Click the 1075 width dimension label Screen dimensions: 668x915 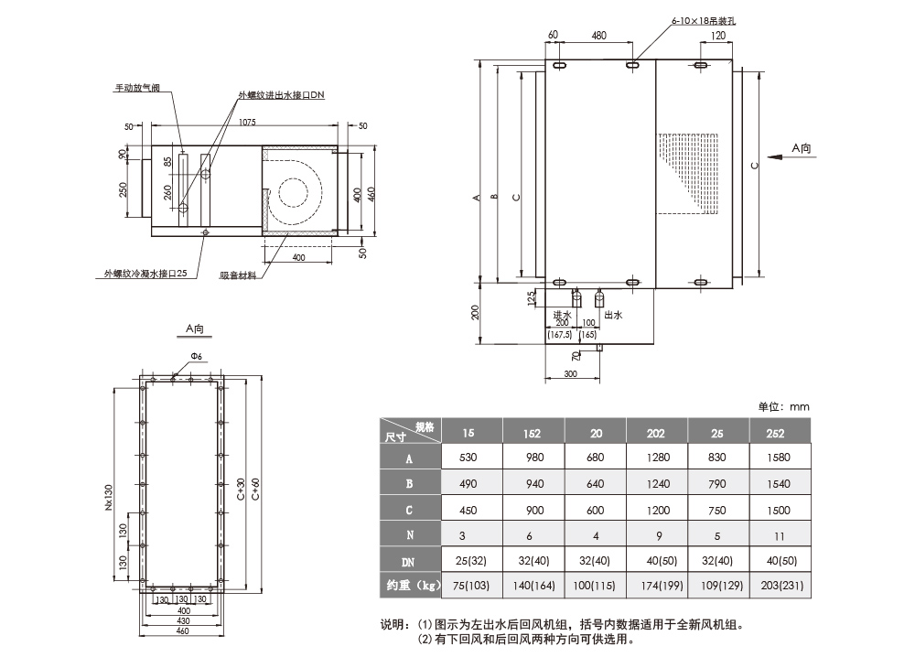click(242, 122)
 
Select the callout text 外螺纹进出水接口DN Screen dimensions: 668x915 click(281, 95)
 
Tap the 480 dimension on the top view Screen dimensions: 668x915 click(598, 36)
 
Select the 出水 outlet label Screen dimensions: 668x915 click(613, 315)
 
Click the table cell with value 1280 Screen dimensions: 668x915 click(656, 458)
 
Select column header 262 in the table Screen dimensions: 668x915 click(780, 432)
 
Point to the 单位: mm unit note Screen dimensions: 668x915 click(784, 406)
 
